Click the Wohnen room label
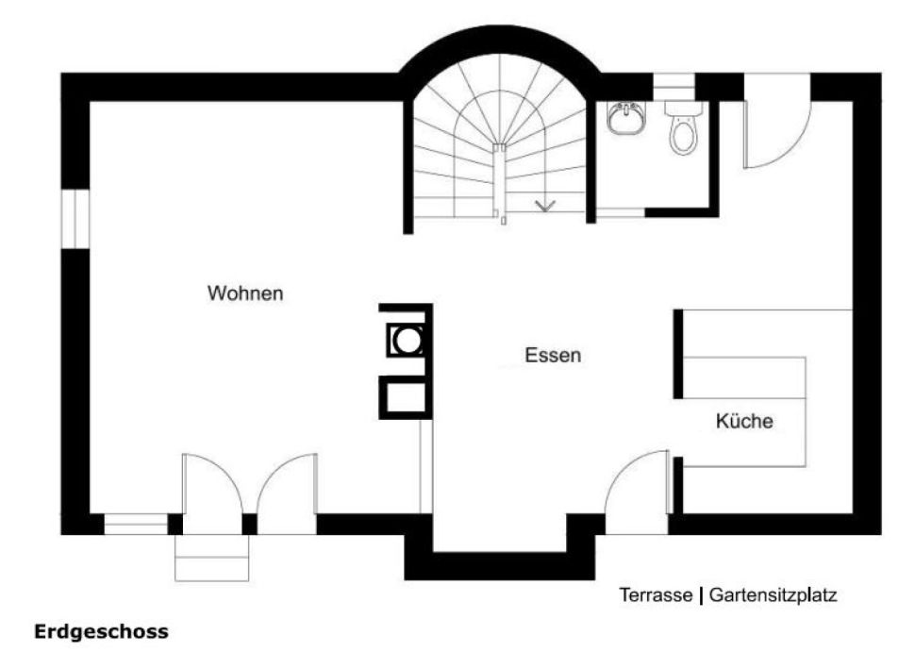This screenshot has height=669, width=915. pos(245,293)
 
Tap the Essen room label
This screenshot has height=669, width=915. pos(553,355)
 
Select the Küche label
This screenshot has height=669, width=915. pos(744,420)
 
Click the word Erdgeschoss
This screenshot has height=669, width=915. pos(102,632)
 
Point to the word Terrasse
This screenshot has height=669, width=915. pos(656,594)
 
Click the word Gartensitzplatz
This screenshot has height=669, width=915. pos(773,595)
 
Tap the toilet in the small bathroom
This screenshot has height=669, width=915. pos(683,127)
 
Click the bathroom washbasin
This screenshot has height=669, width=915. pos(625,118)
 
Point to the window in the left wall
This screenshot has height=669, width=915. pos(75,218)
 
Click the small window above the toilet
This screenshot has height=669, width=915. pos(674,87)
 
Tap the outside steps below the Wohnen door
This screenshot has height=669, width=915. pos(212,558)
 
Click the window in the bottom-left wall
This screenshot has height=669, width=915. pos(136,525)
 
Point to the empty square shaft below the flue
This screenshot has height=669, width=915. pos(407,397)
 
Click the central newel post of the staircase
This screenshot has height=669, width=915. pos(499,181)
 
